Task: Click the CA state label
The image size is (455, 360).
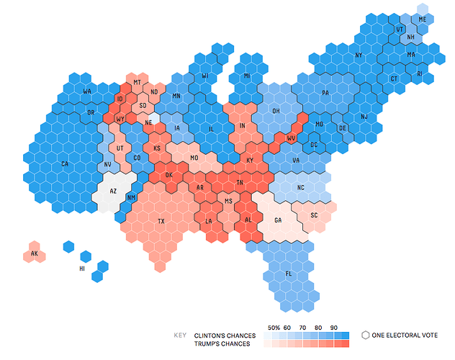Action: click(65, 164)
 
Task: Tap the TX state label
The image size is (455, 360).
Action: click(161, 221)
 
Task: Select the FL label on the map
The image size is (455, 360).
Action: click(289, 274)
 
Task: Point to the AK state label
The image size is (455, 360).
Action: click(34, 254)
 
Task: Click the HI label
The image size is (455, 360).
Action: click(81, 269)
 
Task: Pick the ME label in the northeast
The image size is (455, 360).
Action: click(422, 19)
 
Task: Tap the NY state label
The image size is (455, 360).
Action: click(359, 55)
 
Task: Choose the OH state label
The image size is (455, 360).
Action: click(276, 111)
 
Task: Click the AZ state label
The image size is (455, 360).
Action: click(113, 192)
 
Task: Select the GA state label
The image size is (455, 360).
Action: click(278, 220)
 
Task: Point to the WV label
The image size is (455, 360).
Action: click(291, 138)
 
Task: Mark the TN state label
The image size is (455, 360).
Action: click(240, 183)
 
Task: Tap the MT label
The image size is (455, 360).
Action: click(137, 83)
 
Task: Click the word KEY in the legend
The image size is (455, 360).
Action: click(181, 335)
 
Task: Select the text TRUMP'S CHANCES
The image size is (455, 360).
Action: click(222, 343)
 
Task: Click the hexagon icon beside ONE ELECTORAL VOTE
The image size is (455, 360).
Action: click(366, 335)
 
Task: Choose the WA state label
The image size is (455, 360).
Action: click(86, 91)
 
